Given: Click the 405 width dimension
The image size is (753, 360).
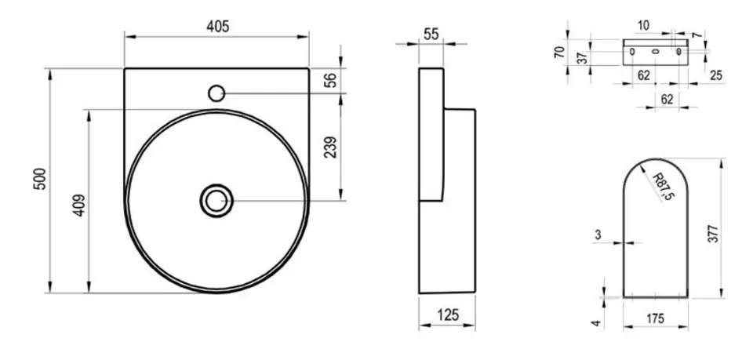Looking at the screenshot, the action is point(217,27).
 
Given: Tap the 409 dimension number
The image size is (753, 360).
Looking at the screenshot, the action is point(79,205).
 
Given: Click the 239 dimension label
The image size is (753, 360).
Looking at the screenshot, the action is point(330,147).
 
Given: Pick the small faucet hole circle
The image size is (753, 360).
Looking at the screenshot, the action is point(216,93).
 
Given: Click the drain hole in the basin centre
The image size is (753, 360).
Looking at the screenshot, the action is point(216,201).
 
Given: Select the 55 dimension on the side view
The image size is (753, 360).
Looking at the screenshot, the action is point(431,34).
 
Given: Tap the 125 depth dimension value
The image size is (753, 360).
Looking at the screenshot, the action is point(448,315).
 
